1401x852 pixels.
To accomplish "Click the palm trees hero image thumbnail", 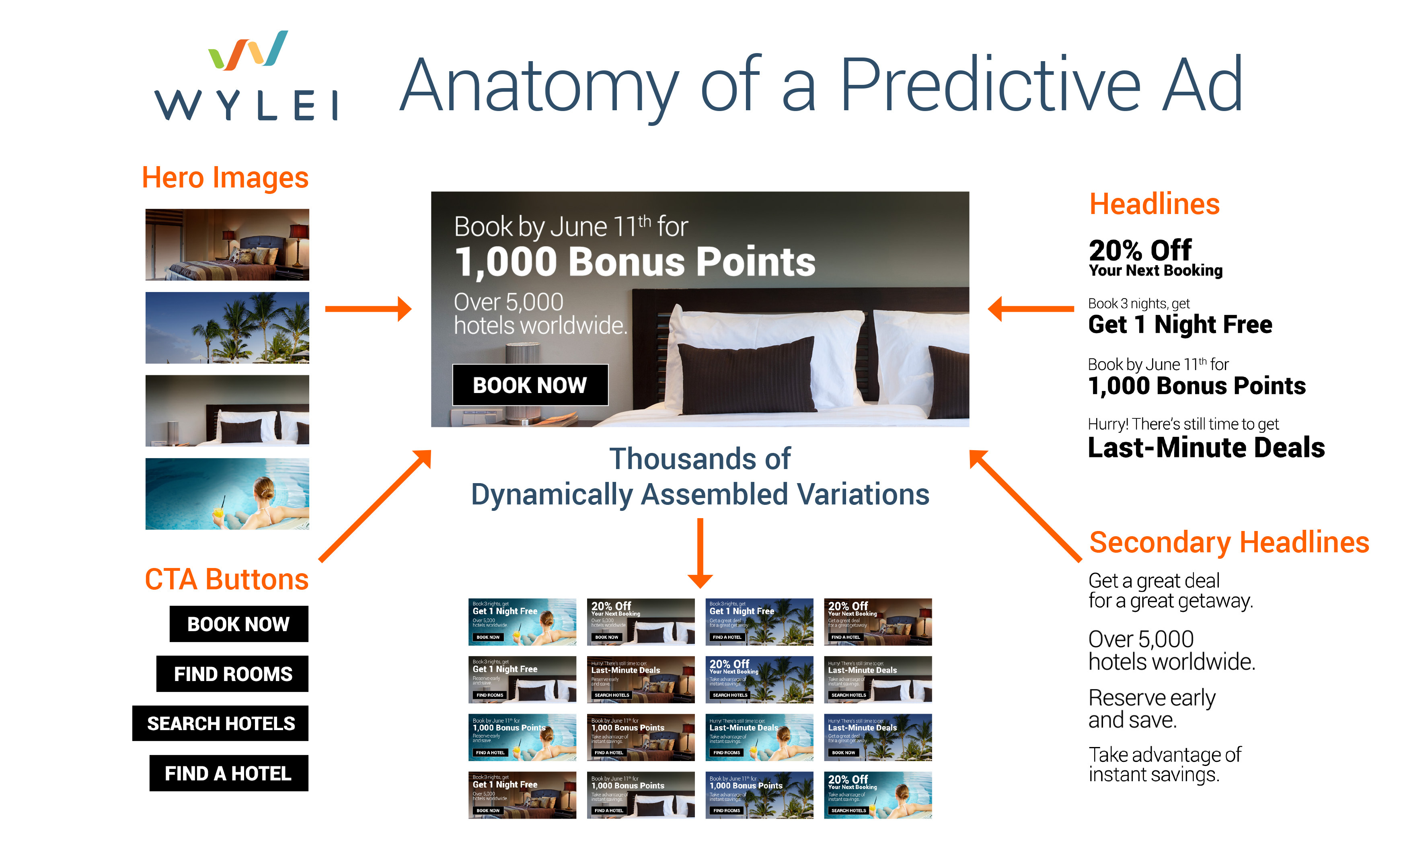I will [228, 327].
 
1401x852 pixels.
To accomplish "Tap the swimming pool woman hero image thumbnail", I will [228, 494].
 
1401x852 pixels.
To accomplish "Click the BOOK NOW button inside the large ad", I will [530, 385].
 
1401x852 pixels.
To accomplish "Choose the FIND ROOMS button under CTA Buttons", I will [232, 674].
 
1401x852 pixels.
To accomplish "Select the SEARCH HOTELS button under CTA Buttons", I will [221, 723].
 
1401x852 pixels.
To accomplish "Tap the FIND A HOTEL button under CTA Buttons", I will [228, 774].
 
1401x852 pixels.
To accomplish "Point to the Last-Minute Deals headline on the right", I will [1206, 448].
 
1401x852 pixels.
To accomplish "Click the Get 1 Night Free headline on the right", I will [1180, 325].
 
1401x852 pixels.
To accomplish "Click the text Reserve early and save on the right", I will [1151, 709].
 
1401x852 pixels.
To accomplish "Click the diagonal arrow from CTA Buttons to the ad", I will [375, 506].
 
